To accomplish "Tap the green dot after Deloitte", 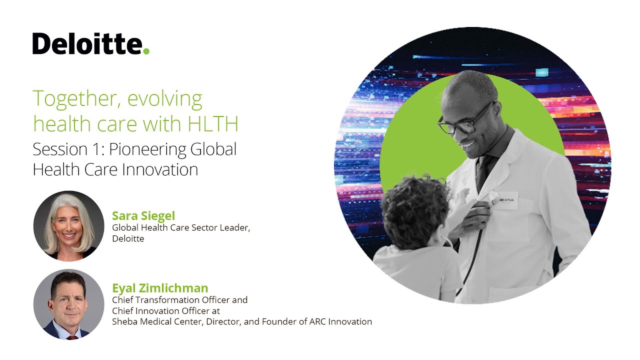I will [146, 51].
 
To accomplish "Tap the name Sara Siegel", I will [143, 215].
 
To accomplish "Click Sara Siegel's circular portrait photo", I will [68, 225].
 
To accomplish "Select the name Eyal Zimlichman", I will [160, 288].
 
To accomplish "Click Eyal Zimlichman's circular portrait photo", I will [68, 304].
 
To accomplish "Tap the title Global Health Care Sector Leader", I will [180, 227].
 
